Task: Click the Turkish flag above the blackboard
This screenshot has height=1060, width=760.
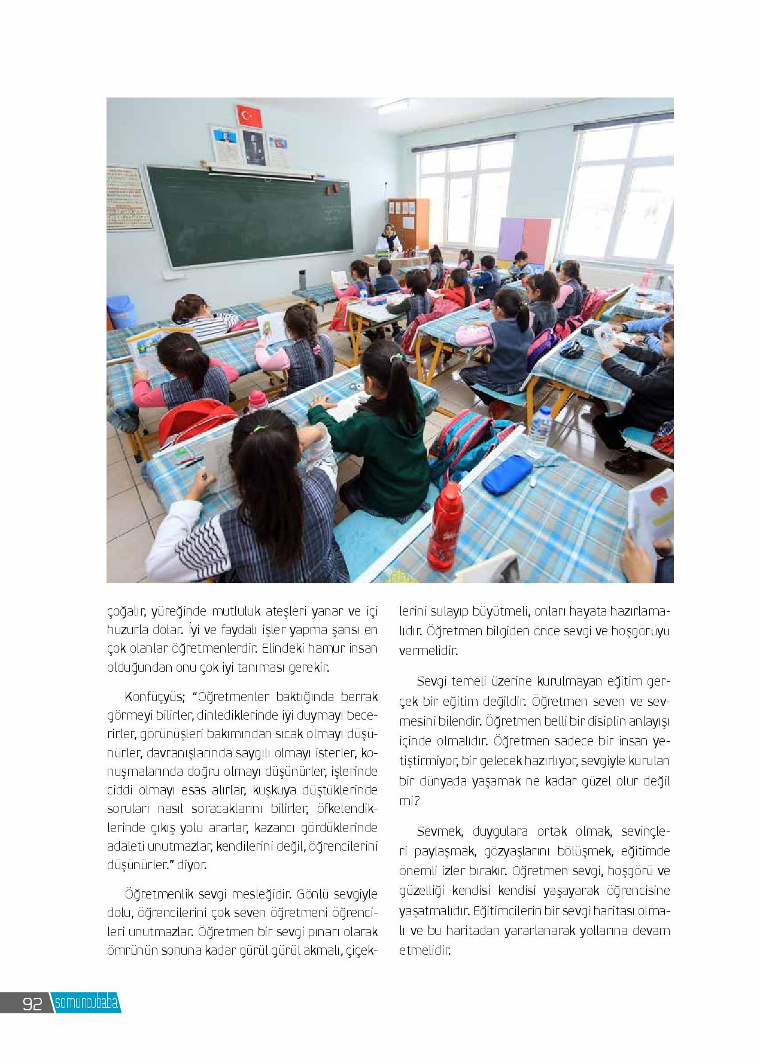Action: click(x=250, y=115)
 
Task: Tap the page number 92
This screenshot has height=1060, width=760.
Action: click(x=32, y=1004)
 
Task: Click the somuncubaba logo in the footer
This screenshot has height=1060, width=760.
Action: click(x=87, y=1003)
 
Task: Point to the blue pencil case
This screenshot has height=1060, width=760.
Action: click(x=507, y=474)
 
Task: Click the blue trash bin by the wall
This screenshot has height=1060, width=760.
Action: click(x=121, y=312)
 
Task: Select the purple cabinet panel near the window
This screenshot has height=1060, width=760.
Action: click(x=510, y=239)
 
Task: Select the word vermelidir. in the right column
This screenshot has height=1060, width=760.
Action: click(x=428, y=651)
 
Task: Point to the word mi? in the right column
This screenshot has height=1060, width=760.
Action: click(x=408, y=802)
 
